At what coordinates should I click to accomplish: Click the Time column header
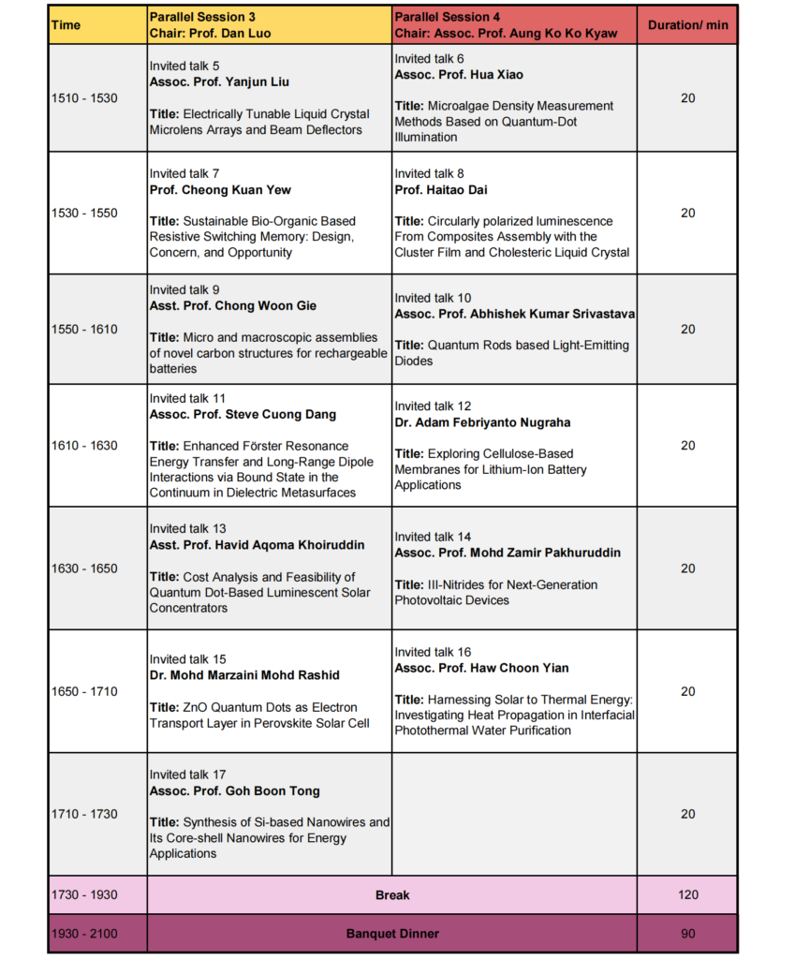click(66, 25)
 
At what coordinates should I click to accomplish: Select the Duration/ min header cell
click(687, 25)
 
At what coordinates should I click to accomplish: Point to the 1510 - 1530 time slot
click(84, 98)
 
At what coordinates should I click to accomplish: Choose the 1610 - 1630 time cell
click(84, 446)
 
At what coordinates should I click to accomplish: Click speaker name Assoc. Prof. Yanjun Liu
click(232, 82)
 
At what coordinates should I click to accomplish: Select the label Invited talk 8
click(429, 174)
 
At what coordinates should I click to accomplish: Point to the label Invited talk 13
click(187, 529)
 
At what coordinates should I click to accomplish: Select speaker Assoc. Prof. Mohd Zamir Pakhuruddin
click(508, 553)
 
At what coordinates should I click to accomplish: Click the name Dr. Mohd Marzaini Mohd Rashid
click(244, 675)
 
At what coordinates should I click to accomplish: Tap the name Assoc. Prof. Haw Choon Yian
click(481, 668)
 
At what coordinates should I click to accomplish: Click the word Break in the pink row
click(392, 895)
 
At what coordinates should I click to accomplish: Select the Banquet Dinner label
click(392, 934)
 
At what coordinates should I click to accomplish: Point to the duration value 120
click(687, 895)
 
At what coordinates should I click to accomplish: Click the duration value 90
click(687, 934)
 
